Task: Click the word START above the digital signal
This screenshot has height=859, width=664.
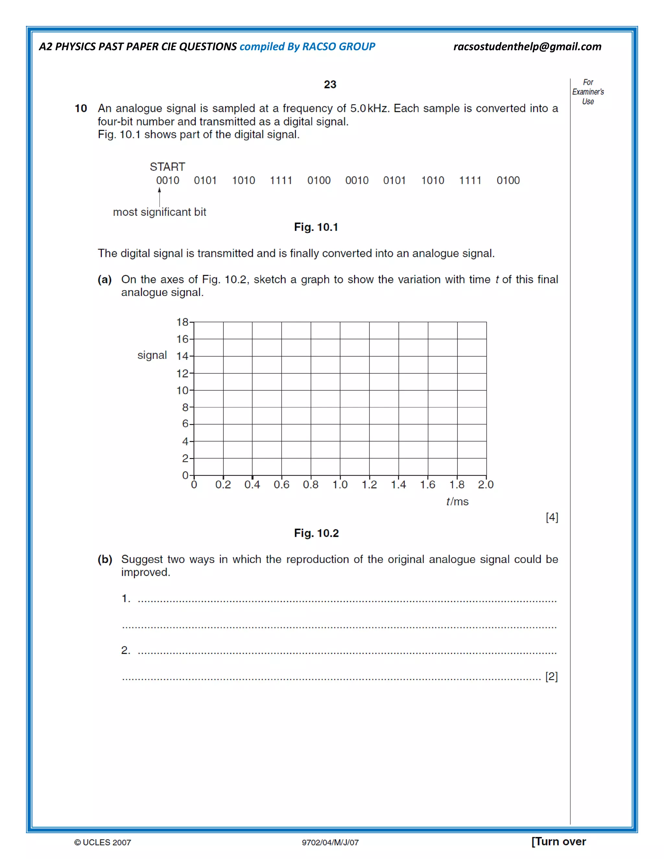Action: tap(167, 167)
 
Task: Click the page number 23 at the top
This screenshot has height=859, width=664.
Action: tap(330, 84)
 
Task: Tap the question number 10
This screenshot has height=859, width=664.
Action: tap(81, 108)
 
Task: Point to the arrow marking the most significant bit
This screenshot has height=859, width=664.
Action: tap(159, 197)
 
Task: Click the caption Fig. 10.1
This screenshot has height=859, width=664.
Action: tap(316, 227)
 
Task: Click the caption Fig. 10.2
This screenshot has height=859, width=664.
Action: tap(316, 533)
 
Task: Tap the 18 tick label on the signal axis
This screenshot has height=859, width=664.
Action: tap(182, 322)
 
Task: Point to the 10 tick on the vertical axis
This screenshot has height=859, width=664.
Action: tap(182, 390)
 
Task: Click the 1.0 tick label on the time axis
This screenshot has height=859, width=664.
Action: tap(340, 485)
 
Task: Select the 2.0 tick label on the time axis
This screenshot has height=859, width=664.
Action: tap(485, 485)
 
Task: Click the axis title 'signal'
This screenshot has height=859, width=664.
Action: tap(152, 355)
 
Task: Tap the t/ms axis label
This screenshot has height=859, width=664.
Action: tap(457, 501)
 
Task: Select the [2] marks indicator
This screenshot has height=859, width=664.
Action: tap(551, 676)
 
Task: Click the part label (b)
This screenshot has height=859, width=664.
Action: tap(105, 559)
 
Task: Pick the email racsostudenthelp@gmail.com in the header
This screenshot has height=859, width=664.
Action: tap(527, 46)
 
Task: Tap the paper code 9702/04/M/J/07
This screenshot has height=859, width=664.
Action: tap(330, 842)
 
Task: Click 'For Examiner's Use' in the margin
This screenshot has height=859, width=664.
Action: tap(588, 92)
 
